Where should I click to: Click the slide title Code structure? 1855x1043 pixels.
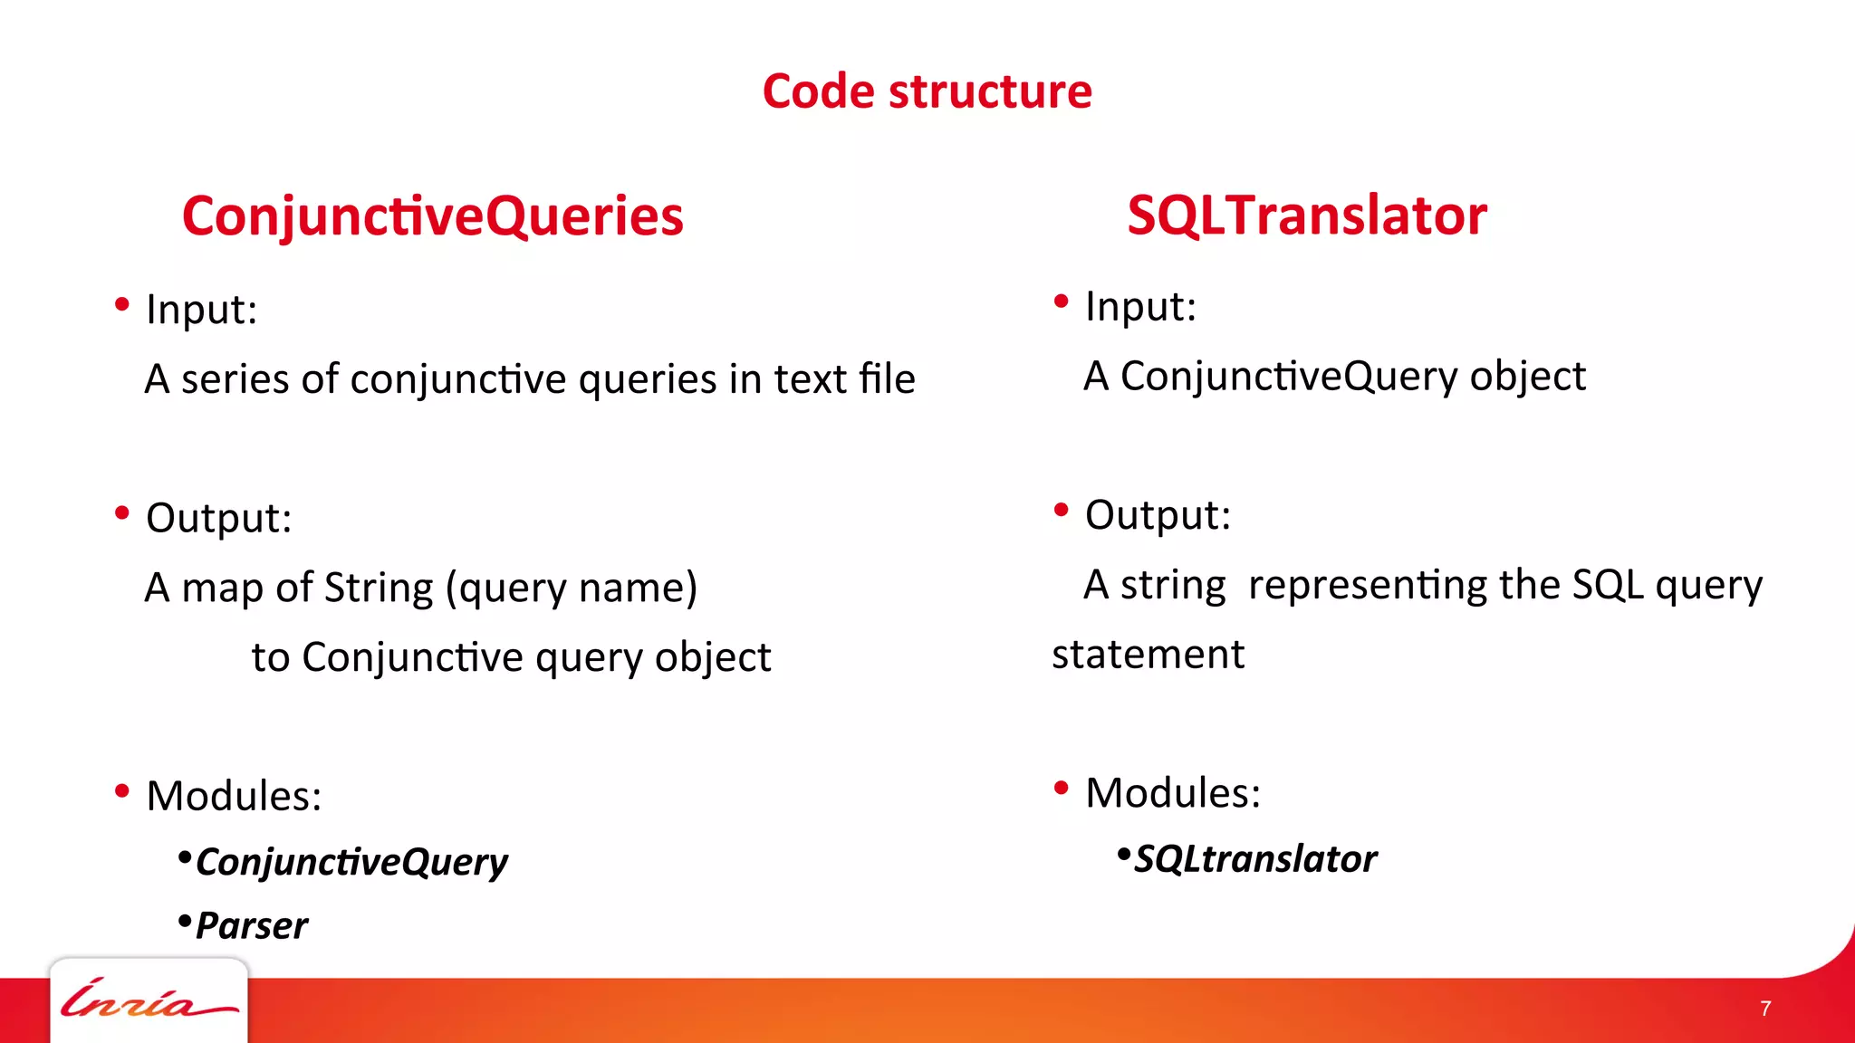click(x=927, y=91)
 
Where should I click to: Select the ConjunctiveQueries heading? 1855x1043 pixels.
click(x=433, y=216)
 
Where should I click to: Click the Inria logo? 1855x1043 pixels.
click(x=148, y=1000)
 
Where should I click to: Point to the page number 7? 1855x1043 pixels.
click(x=1764, y=1009)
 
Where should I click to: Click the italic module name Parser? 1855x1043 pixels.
click(x=251, y=926)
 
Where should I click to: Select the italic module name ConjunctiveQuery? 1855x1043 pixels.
click(x=351, y=862)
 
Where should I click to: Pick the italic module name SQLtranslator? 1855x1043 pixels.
click(x=1255, y=859)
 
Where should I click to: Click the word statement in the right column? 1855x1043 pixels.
click(x=1148, y=655)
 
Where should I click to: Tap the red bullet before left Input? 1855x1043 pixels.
click(x=122, y=305)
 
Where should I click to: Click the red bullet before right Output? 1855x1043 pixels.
click(x=1062, y=511)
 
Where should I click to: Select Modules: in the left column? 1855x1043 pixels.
click(x=234, y=796)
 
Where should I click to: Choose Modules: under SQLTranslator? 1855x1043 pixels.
click(x=1172, y=793)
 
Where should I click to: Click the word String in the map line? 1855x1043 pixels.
click(x=379, y=588)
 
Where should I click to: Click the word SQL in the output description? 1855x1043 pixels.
click(x=1607, y=585)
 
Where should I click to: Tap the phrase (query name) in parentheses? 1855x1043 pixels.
click(x=571, y=588)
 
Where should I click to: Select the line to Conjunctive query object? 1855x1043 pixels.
click(x=511, y=658)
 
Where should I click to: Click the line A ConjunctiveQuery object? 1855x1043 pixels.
click(x=1334, y=377)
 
